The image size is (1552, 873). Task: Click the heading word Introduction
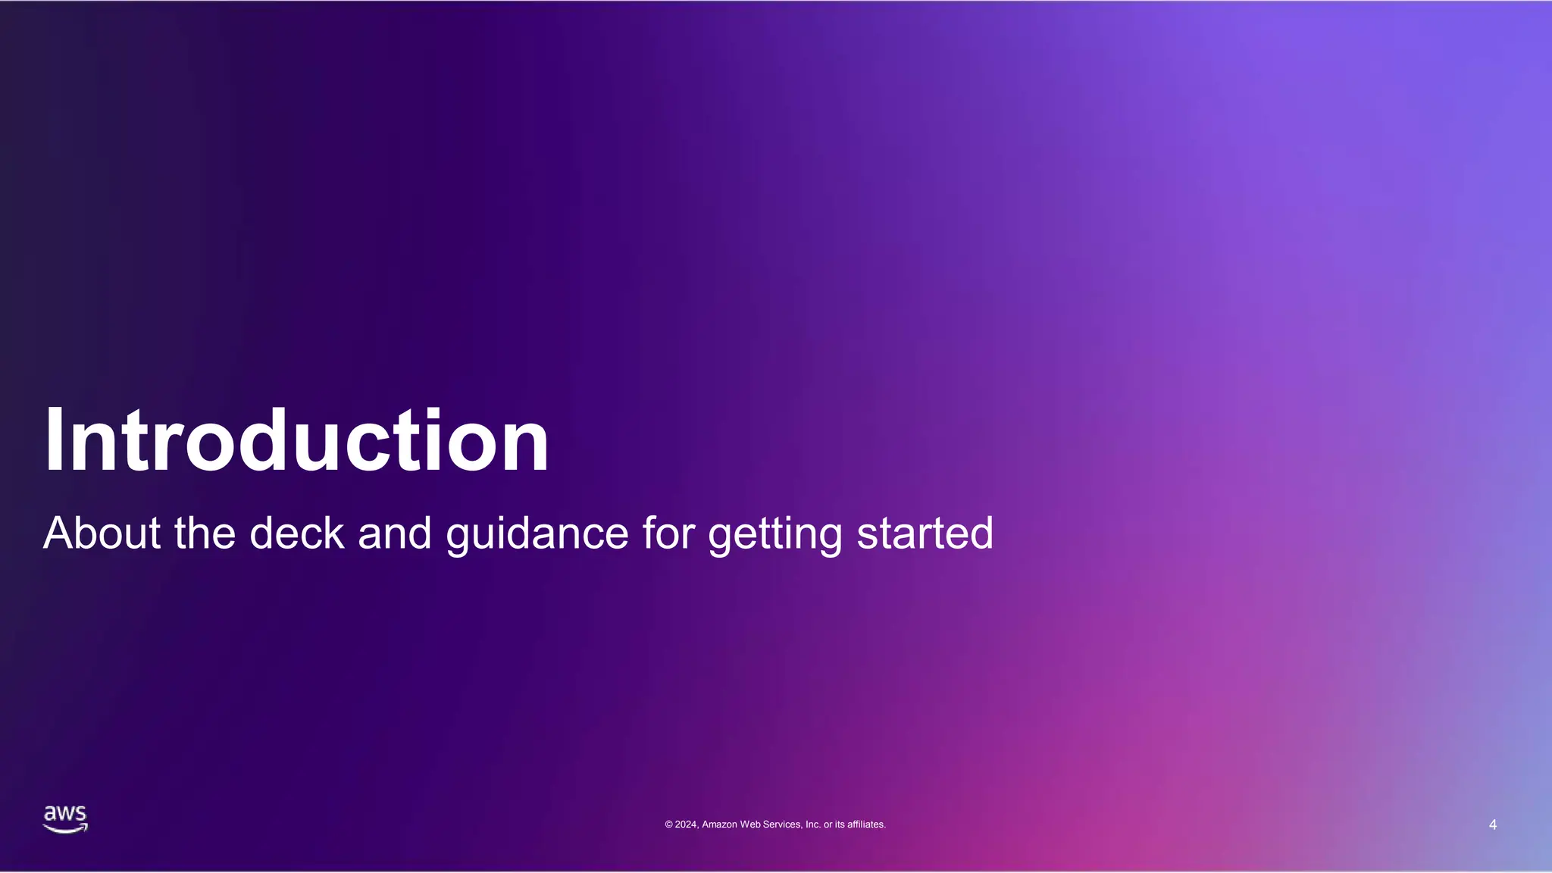pyautogui.click(x=296, y=441)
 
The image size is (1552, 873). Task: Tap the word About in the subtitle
pyautogui.click(x=102, y=533)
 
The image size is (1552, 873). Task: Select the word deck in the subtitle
pyautogui.click(x=297, y=533)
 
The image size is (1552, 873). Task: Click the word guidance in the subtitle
pyautogui.click(x=537, y=534)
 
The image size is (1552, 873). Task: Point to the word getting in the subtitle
pyautogui.click(x=774, y=534)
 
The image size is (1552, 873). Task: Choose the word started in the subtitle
pyautogui.click(x=925, y=533)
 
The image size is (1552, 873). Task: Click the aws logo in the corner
pyautogui.click(x=65, y=819)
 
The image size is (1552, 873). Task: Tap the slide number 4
pyautogui.click(x=1492, y=824)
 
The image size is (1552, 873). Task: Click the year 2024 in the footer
pyautogui.click(x=686, y=824)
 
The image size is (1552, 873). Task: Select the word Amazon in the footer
pyautogui.click(x=719, y=824)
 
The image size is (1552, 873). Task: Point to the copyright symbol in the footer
pyautogui.click(x=669, y=824)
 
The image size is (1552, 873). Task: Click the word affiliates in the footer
pyautogui.click(x=865, y=824)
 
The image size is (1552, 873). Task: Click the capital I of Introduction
pyautogui.click(x=53, y=441)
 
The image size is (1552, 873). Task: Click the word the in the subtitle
pyautogui.click(x=205, y=533)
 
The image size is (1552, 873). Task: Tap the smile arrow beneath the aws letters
pyautogui.click(x=65, y=829)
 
